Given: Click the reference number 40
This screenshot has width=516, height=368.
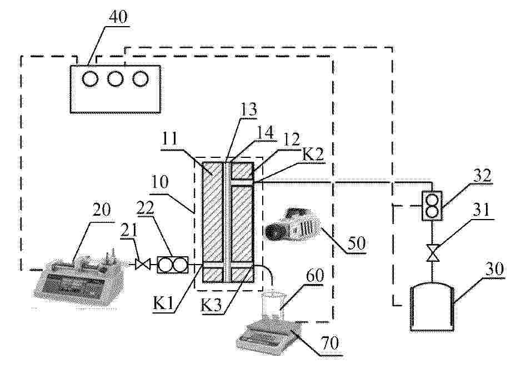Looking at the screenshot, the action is (118, 17).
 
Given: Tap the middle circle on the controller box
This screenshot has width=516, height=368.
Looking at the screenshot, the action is (116, 79).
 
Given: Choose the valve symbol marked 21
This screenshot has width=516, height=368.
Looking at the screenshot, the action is (143, 264).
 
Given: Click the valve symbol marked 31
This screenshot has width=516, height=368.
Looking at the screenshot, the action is (433, 253).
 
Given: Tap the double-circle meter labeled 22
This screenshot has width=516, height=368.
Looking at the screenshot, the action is (173, 265).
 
